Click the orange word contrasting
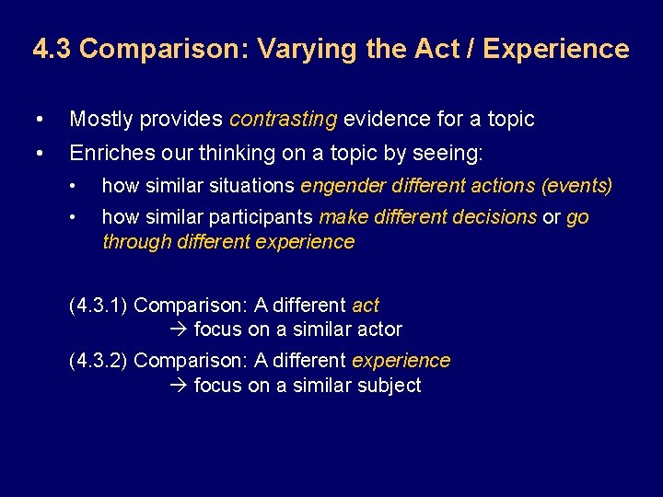coord(284,119)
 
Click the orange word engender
coord(343,185)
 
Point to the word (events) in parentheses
coord(577,185)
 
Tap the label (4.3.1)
coord(99,306)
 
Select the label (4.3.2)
coord(99,360)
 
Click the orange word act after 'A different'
coord(366,306)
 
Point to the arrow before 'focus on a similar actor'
coord(179,329)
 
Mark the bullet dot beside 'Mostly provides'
coord(37,120)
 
